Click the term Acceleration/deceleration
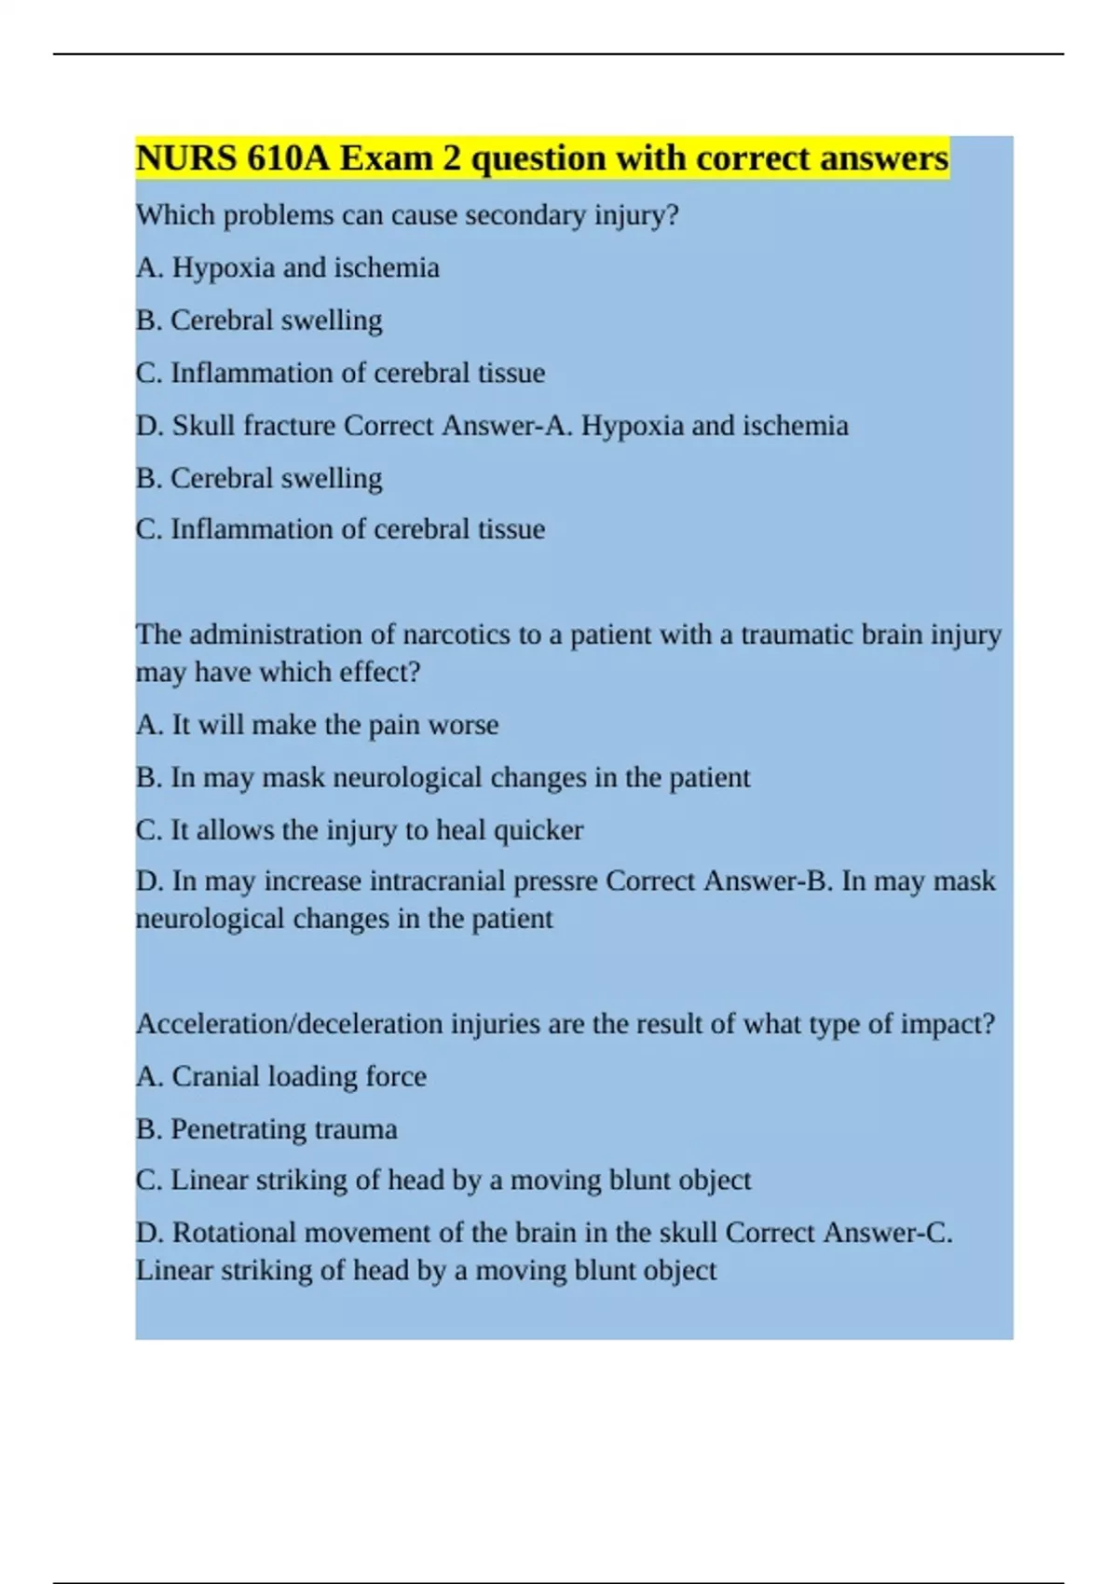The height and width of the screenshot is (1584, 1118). point(290,1024)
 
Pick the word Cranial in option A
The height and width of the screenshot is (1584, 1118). point(215,1077)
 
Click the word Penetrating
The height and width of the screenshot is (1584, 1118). point(225,1129)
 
